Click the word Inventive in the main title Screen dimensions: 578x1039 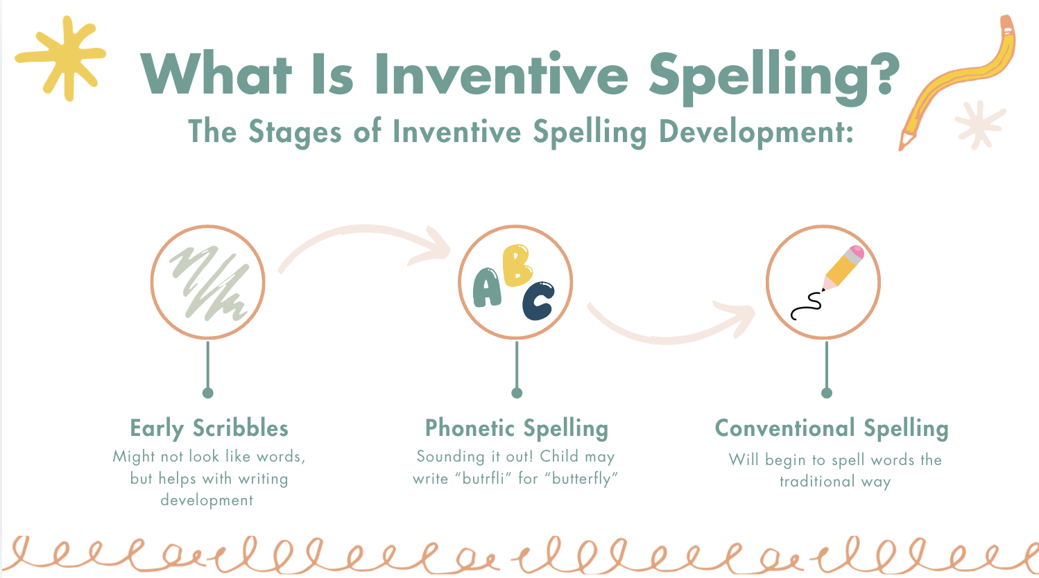click(501, 74)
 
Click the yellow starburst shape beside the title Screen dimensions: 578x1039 click(62, 58)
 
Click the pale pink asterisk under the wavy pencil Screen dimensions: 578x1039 click(979, 125)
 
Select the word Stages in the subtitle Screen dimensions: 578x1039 click(294, 132)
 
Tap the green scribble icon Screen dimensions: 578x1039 click(208, 282)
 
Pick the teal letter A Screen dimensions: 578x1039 click(487, 288)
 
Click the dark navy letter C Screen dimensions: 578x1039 click(538, 301)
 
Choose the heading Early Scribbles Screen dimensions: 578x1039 click(209, 428)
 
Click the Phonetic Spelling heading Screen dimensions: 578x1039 click(516, 428)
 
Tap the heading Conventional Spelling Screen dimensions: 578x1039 click(831, 428)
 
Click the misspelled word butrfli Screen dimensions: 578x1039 click(483, 478)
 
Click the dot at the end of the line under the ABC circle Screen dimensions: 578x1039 click(516, 393)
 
